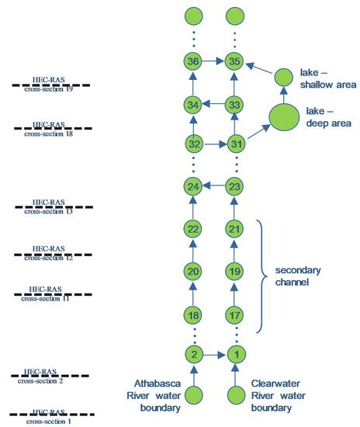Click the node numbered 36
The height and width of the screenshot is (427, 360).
tap(194, 61)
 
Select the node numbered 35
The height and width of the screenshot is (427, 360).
tap(234, 61)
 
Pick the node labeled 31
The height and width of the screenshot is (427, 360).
tap(234, 144)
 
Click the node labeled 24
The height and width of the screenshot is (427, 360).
tap(194, 186)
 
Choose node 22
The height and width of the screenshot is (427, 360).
tap(194, 228)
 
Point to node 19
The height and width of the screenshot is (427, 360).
tap(234, 271)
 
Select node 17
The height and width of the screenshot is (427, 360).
tap(234, 314)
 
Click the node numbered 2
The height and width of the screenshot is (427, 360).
tap(194, 355)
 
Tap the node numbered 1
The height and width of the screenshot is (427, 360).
tap(234, 355)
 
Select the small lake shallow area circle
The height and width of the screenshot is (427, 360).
tap(284, 78)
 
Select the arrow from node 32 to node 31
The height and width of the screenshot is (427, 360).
tap(214, 144)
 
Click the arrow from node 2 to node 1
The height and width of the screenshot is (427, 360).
tap(214, 355)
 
